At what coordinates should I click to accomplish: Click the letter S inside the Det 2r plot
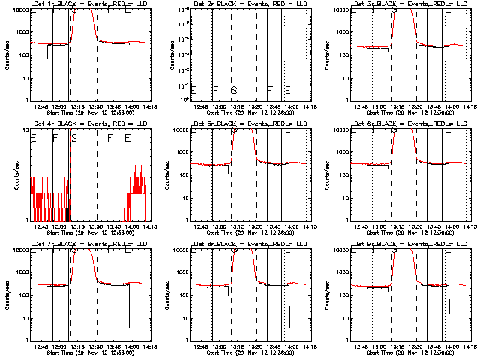[234, 91]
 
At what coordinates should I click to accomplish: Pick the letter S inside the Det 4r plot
[74, 138]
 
